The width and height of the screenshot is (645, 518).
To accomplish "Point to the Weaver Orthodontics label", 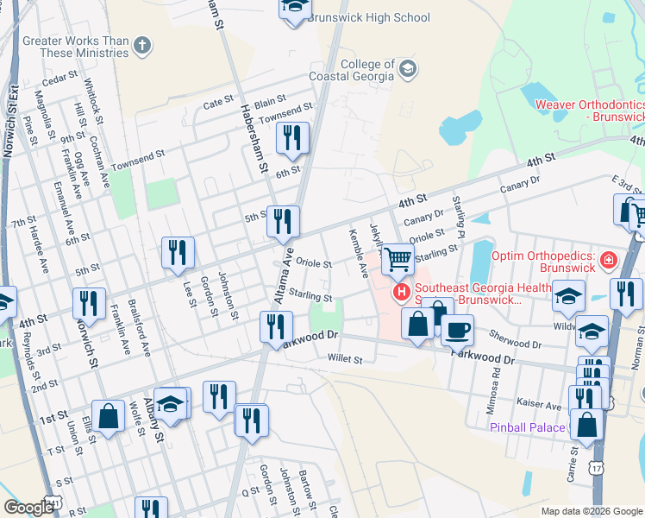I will [589, 111].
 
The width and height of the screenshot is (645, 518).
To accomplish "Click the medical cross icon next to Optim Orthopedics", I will [609, 259].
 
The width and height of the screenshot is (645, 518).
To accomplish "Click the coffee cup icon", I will [456, 328].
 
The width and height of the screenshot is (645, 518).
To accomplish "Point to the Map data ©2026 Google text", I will [592, 511].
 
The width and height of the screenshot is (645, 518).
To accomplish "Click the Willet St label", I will [345, 359].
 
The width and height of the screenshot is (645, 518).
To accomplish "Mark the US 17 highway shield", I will [597, 467].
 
